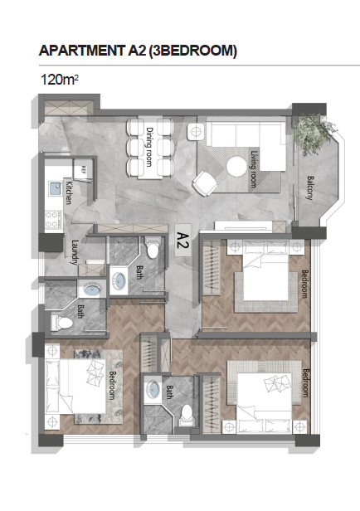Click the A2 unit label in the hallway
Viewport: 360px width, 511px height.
click(x=182, y=241)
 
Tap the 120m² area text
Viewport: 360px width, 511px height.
click(x=59, y=80)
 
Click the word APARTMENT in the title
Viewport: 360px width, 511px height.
click(x=80, y=51)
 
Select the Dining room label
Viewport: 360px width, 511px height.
click(x=149, y=147)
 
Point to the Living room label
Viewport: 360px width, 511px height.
click(x=254, y=169)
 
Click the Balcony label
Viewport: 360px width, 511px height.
click(x=309, y=187)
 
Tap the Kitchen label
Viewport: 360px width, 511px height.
click(x=69, y=192)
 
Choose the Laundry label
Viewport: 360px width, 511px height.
click(x=75, y=252)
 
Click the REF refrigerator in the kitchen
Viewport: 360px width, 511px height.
click(x=83, y=169)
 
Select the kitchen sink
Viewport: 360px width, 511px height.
click(x=55, y=188)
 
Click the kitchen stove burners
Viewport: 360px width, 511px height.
click(x=53, y=219)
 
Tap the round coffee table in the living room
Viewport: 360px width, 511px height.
click(x=236, y=167)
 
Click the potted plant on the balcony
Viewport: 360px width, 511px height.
click(x=312, y=133)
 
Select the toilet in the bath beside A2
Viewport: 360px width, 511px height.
click(x=152, y=248)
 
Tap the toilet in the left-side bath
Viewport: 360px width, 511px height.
click(x=61, y=323)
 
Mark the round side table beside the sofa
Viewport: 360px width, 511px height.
click(x=196, y=132)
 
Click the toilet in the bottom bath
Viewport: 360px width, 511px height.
click(x=187, y=416)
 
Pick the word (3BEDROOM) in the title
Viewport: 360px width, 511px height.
click(x=192, y=51)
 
